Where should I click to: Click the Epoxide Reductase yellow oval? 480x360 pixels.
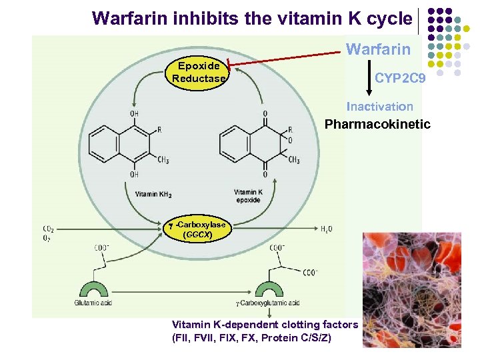[199, 72]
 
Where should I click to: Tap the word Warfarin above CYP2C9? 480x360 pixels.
[378, 49]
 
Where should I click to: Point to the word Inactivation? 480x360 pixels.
[379, 106]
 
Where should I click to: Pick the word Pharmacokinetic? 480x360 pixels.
[377, 124]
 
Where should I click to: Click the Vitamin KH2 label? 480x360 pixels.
[153, 194]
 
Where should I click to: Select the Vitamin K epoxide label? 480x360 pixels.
[248, 196]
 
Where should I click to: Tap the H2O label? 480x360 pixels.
[327, 229]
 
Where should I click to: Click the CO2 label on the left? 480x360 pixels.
[49, 229]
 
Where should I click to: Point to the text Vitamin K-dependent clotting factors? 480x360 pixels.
[265, 325]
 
